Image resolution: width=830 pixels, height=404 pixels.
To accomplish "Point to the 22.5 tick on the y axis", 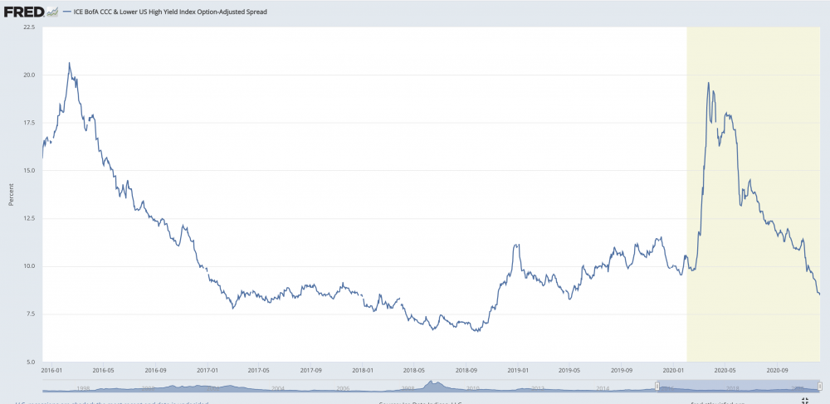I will point(28,27).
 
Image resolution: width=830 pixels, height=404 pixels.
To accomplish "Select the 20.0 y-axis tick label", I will point(28,75).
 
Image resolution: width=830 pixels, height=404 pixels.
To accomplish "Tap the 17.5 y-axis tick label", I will point(28,123).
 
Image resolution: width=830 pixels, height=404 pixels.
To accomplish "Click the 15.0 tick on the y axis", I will point(28,170).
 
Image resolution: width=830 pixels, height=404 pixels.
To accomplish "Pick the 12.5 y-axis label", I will point(28,218).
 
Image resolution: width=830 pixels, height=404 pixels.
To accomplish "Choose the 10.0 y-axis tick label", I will point(28,266).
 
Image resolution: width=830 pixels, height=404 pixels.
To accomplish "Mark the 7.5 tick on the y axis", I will point(29,314).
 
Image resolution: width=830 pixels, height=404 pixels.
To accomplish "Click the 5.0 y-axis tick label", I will point(29,362).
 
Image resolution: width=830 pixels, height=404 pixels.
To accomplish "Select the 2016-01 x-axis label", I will point(51,371).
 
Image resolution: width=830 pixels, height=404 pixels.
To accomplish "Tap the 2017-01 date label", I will point(207,371).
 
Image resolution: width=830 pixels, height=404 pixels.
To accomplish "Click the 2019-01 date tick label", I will point(520,371).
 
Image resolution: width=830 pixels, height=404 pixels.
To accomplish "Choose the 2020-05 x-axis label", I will point(725,371).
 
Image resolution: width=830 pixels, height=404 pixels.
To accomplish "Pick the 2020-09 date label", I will point(778,371).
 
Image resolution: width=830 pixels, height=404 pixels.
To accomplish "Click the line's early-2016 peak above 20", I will point(69,63).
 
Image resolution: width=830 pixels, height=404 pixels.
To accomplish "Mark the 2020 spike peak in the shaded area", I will point(708,83).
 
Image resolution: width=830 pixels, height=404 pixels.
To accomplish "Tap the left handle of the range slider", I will point(657,386).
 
